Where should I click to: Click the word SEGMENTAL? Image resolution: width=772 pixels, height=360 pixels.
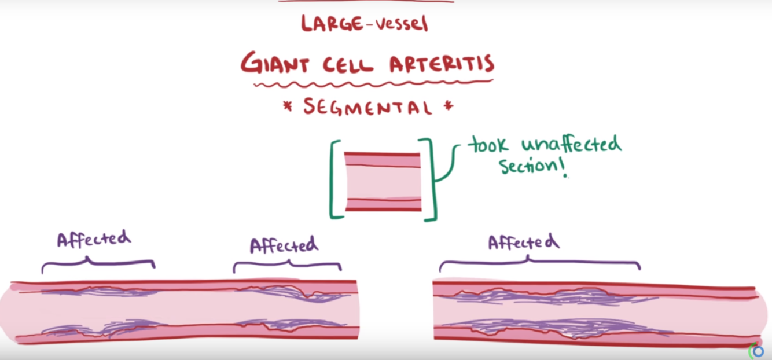(367, 107)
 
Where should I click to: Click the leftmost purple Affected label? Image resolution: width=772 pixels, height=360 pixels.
(94, 239)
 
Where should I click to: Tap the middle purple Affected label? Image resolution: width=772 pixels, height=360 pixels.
(284, 245)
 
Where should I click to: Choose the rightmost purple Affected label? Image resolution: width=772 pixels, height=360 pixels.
(523, 242)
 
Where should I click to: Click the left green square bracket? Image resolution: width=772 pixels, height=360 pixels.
(335, 180)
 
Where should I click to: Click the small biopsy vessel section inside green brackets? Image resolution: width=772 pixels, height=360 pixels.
(383, 181)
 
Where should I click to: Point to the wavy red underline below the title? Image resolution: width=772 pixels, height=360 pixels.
(373, 85)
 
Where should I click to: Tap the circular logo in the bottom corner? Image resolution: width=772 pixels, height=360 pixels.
(757, 351)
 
